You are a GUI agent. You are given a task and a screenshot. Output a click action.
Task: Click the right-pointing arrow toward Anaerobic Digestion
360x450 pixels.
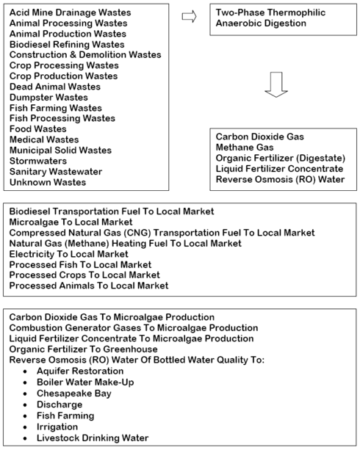click(189, 16)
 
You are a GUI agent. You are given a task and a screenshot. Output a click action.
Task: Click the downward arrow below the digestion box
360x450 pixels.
click(276, 84)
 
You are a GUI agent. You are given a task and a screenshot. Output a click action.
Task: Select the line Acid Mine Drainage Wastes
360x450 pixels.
click(70, 12)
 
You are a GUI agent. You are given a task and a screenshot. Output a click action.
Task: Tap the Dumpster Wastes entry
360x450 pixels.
click(48, 98)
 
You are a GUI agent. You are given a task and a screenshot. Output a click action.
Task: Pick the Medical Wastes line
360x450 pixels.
click(44, 139)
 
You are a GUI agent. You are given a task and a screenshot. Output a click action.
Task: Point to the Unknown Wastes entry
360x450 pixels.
click(48, 182)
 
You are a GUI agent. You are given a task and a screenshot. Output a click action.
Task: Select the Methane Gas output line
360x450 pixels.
click(245, 148)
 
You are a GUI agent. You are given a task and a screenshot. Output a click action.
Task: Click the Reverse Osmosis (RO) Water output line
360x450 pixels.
click(280, 179)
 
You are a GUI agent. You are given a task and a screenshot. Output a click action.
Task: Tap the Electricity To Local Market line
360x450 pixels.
click(68, 254)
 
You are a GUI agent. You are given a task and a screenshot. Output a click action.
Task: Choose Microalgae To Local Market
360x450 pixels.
click(71, 222)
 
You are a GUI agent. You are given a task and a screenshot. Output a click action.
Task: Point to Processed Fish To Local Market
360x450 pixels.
click(80, 264)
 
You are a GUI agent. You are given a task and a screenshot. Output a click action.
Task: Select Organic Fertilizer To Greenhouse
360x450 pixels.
click(83, 349)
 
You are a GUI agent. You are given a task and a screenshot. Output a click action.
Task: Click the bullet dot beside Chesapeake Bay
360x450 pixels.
click(25, 393)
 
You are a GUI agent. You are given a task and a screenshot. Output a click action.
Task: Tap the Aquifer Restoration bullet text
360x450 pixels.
click(80, 371)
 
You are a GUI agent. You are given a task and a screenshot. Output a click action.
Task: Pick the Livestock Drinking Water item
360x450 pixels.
click(93, 438)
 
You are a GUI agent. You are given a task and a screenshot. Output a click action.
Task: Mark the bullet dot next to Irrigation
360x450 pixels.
click(25, 427)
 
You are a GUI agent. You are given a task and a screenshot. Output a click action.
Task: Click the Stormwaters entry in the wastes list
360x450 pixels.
click(38, 161)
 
